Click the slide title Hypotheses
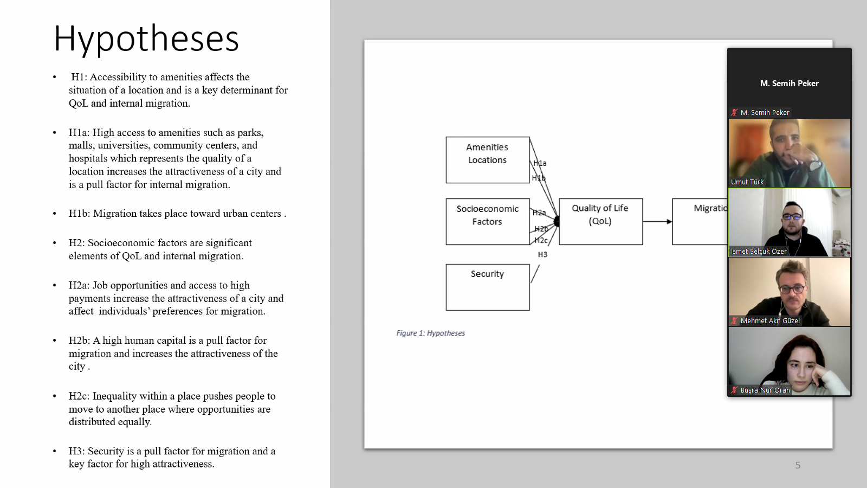(x=146, y=38)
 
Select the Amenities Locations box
(x=487, y=159)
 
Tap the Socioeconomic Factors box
(x=487, y=221)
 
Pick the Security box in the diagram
(x=487, y=287)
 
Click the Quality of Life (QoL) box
(x=600, y=221)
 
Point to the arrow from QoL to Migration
(x=657, y=221)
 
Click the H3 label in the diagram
(x=542, y=254)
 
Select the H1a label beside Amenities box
(x=540, y=163)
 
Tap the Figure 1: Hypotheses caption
(x=430, y=333)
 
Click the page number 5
(x=798, y=465)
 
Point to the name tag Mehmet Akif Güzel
(x=770, y=321)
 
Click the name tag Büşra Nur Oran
(x=765, y=390)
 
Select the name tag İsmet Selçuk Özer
(x=759, y=252)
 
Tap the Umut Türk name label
(x=747, y=182)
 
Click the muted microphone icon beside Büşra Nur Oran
(x=734, y=390)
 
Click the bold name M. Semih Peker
(x=789, y=84)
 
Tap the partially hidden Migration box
(x=700, y=221)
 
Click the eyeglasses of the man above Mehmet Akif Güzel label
(x=792, y=289)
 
